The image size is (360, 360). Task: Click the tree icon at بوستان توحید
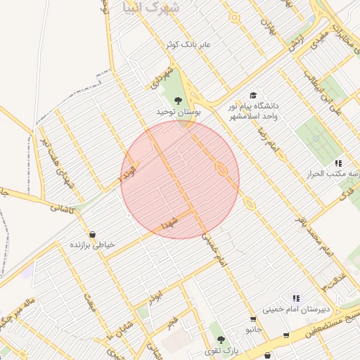(178, 100)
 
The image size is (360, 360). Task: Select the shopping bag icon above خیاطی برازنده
(92, 234)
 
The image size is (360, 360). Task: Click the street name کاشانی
(61, 208)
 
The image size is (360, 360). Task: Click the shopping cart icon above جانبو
(253, 319)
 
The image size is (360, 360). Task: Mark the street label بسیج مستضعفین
(330, 321)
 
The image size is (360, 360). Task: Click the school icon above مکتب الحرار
(338, 163)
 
